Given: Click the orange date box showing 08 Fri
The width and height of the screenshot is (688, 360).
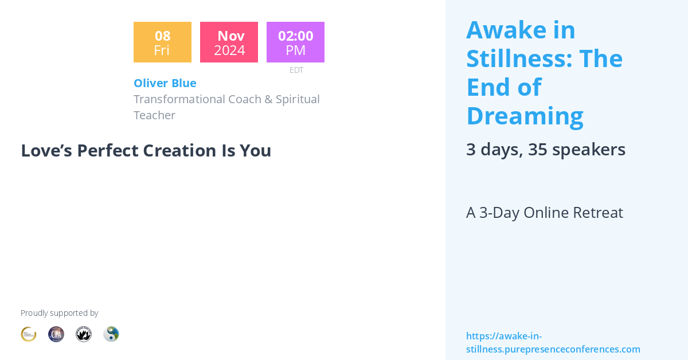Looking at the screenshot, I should coord(162,42).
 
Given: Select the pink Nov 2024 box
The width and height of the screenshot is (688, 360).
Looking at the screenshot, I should coord(229,42).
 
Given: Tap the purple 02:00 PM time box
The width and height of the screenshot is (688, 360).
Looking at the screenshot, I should coord(295,42).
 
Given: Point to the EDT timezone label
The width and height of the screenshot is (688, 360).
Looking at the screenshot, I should coord(296,70).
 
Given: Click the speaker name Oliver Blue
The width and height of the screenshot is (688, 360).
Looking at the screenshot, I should coord(165,83).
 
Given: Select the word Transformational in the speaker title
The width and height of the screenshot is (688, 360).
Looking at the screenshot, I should coord(179,99).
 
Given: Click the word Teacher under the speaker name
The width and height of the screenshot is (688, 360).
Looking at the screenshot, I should coord(154,115).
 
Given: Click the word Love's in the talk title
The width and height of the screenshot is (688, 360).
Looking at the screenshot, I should coord(46,150).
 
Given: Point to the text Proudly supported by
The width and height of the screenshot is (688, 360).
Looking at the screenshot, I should coord(59,313).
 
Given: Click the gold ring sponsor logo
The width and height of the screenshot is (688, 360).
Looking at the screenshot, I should coord(29,334).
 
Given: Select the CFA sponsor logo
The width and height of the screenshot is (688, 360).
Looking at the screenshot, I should coord(56,334).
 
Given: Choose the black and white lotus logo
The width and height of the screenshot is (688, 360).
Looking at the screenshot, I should coord(84,334).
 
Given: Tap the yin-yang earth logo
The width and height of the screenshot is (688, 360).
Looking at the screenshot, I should coord(111,334).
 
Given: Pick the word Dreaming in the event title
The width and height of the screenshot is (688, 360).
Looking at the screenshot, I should coord(525,116).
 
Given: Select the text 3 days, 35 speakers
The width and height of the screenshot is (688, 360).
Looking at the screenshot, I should coord(545,150).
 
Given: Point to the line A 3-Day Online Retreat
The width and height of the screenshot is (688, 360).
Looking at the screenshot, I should coord(544,213).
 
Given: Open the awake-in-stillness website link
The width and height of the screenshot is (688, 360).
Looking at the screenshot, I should coord(553,343).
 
